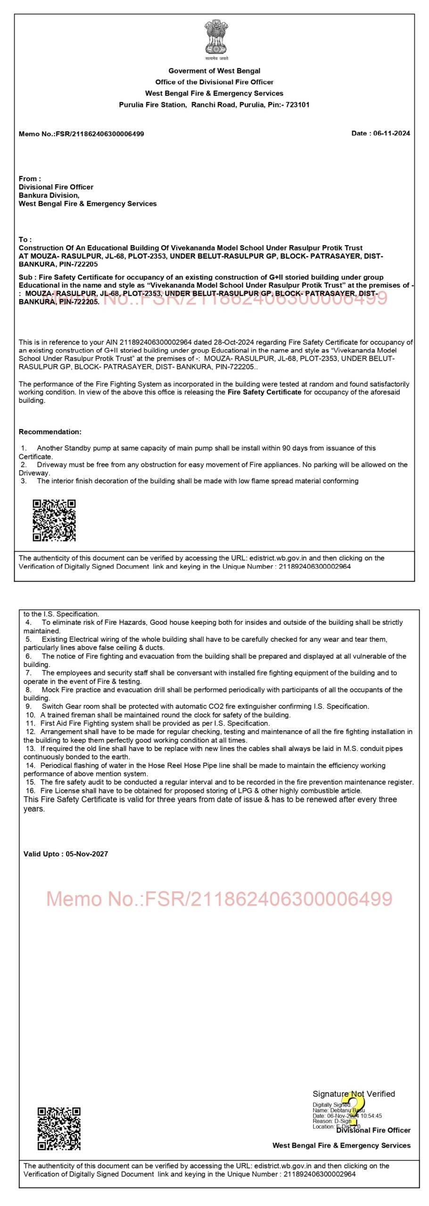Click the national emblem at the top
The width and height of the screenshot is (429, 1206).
(x=216, y=38)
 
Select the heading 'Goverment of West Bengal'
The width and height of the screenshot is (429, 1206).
(x=214, y=71)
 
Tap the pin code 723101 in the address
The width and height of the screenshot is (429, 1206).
(x=297, y=105)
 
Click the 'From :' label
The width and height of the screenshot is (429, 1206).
(x=30, y=179)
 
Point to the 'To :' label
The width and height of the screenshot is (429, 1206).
(x=25, y=239)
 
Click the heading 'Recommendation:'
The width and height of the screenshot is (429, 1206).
(x=50, y=432)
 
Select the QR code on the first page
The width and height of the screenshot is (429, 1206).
(x=54, y=520)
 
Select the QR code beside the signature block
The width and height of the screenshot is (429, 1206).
(x=59, y=1129)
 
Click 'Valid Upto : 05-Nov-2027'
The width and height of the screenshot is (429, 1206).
(x=66, y=854)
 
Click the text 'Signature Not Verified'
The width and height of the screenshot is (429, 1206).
(x=354, y=1094)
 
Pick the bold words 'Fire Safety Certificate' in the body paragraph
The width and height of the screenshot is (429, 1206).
(x=264, y=392)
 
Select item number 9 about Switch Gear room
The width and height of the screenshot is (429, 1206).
(x=198, y=706)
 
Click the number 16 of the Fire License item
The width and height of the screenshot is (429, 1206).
(x=30, y=790)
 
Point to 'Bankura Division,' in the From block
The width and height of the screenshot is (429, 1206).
(x=49, y=195)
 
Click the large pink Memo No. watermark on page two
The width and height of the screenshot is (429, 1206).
(x=219, y=899)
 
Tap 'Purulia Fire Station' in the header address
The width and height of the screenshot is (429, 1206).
(x=152, y=105)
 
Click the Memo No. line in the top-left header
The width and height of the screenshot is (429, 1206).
(x=81, y=134)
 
